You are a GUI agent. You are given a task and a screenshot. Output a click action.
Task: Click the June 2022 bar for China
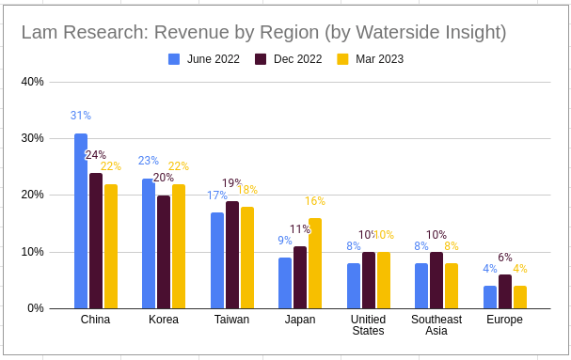point(81,221)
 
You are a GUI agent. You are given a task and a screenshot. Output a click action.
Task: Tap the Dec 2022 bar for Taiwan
point(231,255)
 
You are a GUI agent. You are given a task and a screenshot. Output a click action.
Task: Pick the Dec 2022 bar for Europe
point(504,291)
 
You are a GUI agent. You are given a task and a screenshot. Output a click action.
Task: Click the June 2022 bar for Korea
point(149,243)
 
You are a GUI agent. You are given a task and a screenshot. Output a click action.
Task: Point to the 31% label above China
point(81,116)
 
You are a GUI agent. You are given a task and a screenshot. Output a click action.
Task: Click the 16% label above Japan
point(315,201)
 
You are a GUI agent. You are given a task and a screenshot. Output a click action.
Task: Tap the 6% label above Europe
point(505,258)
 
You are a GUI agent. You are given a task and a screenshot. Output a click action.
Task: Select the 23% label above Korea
point(149,161)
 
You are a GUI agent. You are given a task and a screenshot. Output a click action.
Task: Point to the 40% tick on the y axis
point(33,82)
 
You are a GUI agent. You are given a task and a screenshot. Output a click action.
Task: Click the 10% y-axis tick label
point(33,252)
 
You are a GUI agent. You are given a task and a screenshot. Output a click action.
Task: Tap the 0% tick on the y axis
point(36,308)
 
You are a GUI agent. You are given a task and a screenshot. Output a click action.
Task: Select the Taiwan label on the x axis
point(231,320)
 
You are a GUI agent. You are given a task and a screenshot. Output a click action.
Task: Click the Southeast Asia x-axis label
point(436,325)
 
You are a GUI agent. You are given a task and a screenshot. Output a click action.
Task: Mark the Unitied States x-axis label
point(369,325)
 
